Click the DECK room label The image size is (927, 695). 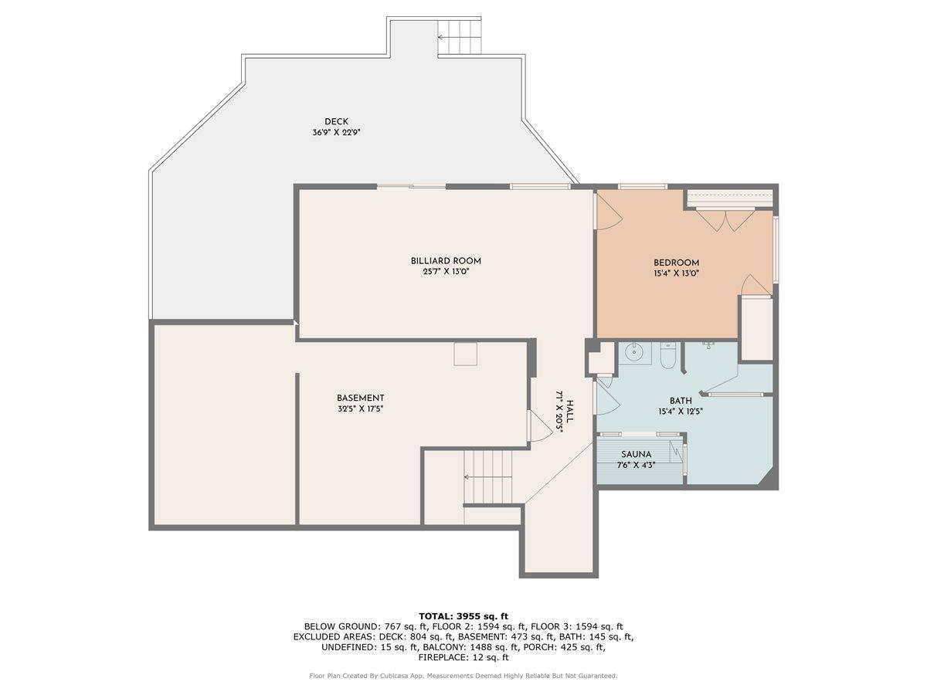pyautogui.click(x=336, y=121)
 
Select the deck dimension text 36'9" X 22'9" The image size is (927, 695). pyautogui.click(x=336, y=133)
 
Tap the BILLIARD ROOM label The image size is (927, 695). pyautogui.click(x=446, y=261)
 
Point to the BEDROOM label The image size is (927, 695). pyautogui.click(x=676, y=263)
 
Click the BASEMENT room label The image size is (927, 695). pyautogui.click(x=360, y=398)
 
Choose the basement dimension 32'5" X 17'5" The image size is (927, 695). pyautogui.click(x=360, y=409)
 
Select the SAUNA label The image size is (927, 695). pyautogui.click(x=636, y=455)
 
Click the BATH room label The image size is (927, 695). pyautogui.click(x=681, y=400)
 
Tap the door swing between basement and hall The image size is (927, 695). pyautogui.click(x=538, y=427)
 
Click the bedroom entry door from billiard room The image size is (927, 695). pyautogui.click(x=606, y=210)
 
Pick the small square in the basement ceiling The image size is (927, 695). pyautogui.click(x=465, y=354)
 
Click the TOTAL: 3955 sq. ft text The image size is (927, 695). pyautogui.click(x=463, y=615)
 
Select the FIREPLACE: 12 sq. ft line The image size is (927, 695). pyautogui.click(x=463, y=658)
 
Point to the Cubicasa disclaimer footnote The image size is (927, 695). pyautogui.click(x=463, y=676)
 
